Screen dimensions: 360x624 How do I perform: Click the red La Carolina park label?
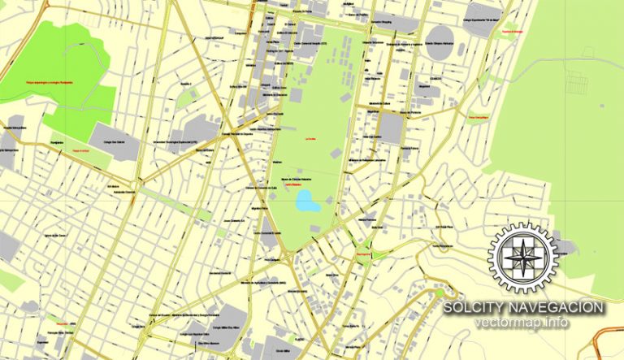[x=310, y=140]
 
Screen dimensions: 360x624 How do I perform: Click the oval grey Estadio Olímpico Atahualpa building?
[x=440, y=46]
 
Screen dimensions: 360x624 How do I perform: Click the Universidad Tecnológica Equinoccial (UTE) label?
[x=174, y=141]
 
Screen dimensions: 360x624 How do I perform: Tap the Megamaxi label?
[x=425, y=83]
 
